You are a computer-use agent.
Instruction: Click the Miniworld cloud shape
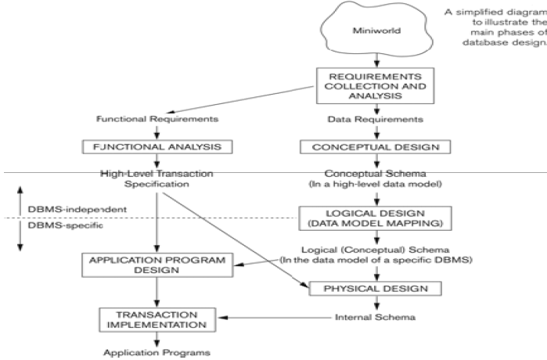click(x=378, y=31)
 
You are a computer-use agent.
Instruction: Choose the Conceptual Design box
click(x=379, y=146)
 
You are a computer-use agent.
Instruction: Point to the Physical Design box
click(x=379, y=288)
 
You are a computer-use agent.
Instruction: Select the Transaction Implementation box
click(x=157, y=319)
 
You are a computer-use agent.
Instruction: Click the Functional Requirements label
click(x=157, y=120)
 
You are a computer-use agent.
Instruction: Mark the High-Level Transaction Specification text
click(x=157, y=178)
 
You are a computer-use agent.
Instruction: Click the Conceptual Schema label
click(x=379, y=172)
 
